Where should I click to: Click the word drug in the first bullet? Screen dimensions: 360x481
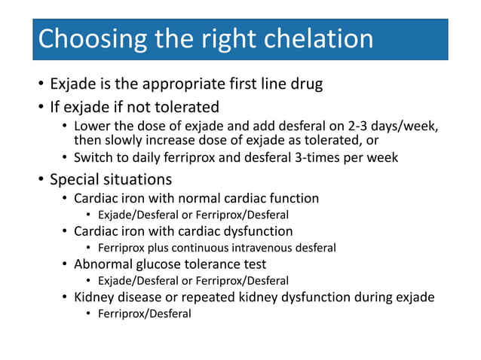coord(307,84)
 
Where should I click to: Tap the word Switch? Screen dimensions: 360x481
coord(93,157)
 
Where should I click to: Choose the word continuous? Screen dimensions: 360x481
coord(204,248)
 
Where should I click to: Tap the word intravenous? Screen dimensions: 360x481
coord(268,248)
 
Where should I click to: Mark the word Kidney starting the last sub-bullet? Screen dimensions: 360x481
coord(94,297)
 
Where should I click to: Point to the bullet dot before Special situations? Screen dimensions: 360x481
coord(40,181)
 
